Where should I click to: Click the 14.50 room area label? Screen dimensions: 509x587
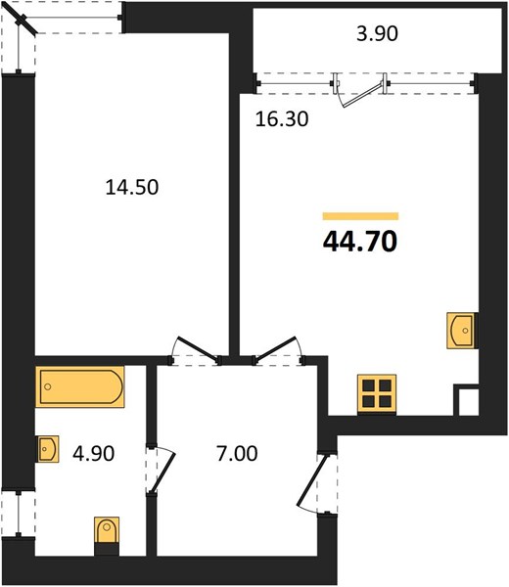132,187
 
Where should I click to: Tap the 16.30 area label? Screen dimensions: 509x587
282,119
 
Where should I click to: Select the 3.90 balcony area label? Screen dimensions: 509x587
377,33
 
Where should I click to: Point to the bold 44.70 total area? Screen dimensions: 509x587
359,242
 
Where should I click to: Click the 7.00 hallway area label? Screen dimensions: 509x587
237,453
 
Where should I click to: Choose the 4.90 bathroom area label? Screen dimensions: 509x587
94,453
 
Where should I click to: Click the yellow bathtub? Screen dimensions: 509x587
80,386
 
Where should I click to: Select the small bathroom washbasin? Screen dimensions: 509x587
47,449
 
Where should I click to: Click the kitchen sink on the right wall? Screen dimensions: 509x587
461,331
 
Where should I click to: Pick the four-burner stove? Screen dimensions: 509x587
377,393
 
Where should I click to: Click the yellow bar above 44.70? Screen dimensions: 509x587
360,216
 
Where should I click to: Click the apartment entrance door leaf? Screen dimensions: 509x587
312,480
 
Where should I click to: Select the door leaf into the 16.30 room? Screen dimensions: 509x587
276,349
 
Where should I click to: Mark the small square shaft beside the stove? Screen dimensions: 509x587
466,400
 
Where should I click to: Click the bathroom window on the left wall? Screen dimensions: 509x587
19,513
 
